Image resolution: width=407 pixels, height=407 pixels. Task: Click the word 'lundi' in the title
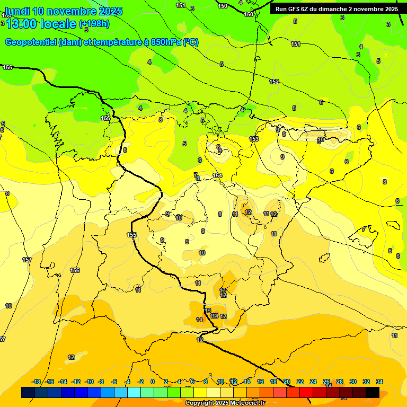point(17,11)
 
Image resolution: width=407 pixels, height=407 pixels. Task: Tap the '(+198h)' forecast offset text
point(94,24)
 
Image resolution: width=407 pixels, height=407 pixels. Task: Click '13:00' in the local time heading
point(22,24)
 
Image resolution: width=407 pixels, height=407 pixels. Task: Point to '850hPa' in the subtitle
point(164,42)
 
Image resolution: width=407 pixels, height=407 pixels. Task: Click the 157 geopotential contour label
point(27,260)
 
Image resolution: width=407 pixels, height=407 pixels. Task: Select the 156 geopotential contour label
point(75,270)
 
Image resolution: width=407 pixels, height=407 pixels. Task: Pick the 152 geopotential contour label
point(274,82)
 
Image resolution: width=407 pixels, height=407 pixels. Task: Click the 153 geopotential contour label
point(254,139)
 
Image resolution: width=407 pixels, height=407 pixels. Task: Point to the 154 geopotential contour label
point(217,175)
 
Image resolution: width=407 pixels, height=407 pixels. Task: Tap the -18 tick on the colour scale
point(37,382)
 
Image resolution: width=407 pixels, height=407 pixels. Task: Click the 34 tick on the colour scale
point(379,382)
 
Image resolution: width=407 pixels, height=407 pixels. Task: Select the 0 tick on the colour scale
point(153,382)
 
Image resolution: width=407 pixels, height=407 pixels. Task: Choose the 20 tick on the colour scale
point(287,382)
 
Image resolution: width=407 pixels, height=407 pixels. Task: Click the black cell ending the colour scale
point(373,392)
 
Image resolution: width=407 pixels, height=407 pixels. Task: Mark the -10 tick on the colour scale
point(89,382)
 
